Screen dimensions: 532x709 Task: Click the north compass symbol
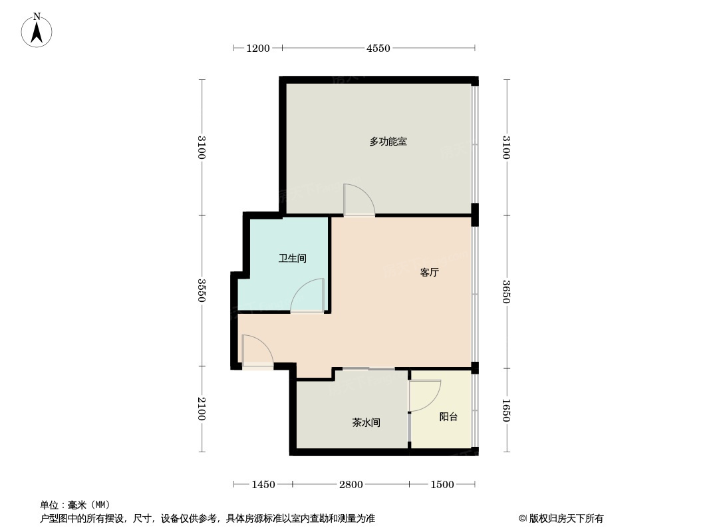coord(37,31)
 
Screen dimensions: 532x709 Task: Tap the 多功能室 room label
coord(388,142)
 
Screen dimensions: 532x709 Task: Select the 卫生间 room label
coord(293,258)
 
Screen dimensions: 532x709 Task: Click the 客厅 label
coord(430,273)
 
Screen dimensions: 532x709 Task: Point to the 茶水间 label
coord(366,422)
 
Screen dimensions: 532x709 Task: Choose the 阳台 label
coord(449,417)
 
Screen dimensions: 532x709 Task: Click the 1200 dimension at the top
coord(258,48)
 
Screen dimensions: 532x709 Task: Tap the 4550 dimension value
coord(378,48)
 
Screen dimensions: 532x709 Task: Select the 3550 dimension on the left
coord(202,290)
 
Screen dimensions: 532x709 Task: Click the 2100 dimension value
coord(202,408)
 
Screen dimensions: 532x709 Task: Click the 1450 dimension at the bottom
coord(263,485)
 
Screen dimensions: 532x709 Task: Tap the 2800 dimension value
coord(351,485)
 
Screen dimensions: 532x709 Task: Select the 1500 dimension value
coord(442,485)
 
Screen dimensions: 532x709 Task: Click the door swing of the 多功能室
coord(358,200)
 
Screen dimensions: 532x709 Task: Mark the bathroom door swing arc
coord(307,296)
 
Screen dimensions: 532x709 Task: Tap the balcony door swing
coord(424,396)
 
